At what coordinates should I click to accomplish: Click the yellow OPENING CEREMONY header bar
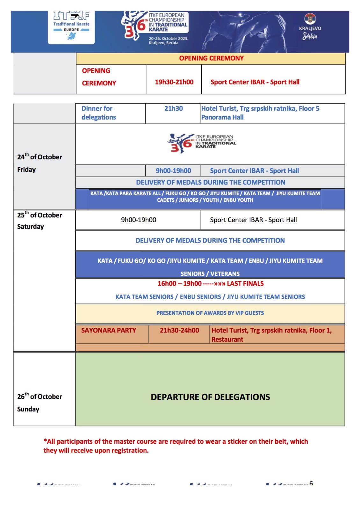[211, 58]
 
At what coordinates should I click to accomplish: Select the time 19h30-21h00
[174, 82]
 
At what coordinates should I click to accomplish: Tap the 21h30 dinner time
[173, 108]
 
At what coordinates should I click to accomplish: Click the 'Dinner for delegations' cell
[98, 113]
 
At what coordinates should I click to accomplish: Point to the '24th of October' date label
[40, 157]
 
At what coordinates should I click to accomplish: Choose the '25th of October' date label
[40, 215]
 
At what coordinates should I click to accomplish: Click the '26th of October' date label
[40, 396]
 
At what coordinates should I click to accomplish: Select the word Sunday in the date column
[28, 409]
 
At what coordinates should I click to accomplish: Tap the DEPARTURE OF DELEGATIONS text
[210, 397]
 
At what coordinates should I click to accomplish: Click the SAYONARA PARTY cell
[108, 330]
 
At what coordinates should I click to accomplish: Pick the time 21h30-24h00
[179, 330]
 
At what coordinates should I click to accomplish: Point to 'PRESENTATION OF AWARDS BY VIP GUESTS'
[210, 313]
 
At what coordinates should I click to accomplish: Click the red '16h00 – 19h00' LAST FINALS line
[210, 283]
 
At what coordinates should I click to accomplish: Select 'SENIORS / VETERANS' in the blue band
[210, 273]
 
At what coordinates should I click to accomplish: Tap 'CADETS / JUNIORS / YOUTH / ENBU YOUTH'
[205, 200]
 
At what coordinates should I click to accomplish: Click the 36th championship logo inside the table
[201, 143]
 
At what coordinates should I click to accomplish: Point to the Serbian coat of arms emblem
[310, 19]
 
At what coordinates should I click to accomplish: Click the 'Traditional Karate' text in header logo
[71, 24]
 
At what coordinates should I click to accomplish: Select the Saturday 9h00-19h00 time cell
[139, 220]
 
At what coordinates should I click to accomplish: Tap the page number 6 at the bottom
[311, 483]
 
